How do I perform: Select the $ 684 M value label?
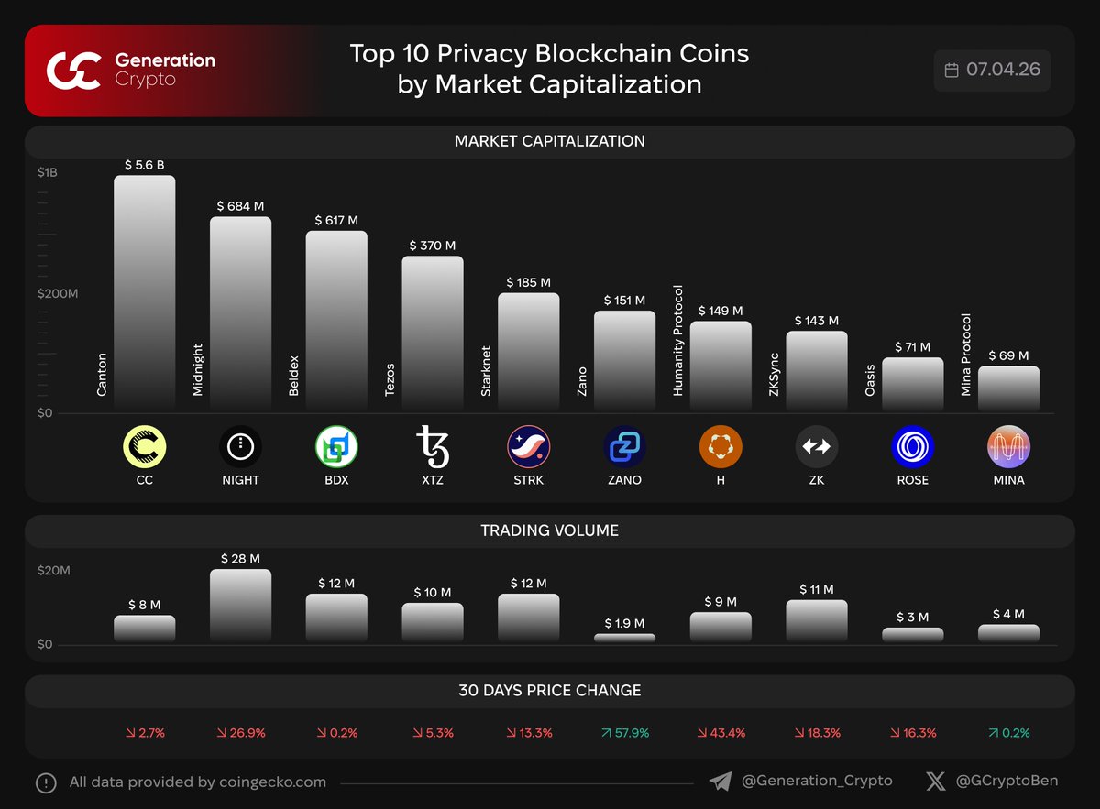click(240, 207)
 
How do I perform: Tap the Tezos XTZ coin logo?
click(433, 446)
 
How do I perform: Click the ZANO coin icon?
click(624, 447)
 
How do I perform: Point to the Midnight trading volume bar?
click(240, 605)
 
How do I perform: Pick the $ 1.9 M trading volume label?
click(624, 623)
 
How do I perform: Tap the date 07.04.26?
click(1002, 71)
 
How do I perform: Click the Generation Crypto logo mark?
click(72, 71)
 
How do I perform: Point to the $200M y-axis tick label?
click(58, 293)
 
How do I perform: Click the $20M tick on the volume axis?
click(53, 571)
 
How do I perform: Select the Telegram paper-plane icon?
click(720, 782)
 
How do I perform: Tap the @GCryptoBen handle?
click(1006, 782)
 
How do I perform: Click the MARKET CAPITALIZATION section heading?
click(549, 141)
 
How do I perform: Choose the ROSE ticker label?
click(912, 480)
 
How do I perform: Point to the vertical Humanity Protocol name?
click(678, 340)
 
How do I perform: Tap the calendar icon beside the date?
click(951, 71)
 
